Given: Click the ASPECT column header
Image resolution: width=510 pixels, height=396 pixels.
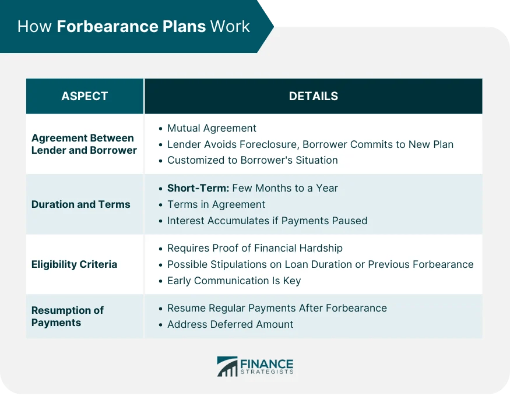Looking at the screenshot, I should pos(85,96).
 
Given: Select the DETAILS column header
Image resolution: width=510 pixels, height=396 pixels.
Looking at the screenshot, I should pos(313,96).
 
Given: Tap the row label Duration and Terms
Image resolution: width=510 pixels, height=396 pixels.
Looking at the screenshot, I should pos(81,204).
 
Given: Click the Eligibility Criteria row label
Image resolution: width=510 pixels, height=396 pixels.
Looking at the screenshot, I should pos(74,264).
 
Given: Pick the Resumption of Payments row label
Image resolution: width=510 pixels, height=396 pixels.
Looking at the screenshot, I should pos(67,316).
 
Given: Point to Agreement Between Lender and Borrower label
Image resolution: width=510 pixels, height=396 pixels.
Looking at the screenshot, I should pos(84,144).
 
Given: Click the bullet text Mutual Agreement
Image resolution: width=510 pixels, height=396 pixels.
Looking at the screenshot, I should pos(212,128).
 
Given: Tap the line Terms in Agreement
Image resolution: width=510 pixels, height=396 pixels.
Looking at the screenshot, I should pos(216,204).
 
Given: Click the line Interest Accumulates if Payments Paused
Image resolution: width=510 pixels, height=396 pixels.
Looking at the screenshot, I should pos(267,221).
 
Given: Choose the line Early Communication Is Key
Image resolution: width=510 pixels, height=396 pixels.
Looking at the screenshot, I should pos(234,281).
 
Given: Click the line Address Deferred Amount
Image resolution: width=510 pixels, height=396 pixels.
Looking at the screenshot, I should pos(230,324).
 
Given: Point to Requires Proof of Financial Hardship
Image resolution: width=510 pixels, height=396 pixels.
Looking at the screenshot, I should pos(255,248).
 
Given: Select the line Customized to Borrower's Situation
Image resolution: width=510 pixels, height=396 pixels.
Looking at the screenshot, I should pos(252,160).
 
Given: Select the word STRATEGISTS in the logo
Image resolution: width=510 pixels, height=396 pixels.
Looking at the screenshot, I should pos(266,372).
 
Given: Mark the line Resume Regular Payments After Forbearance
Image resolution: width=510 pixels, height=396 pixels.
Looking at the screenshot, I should pos(277,308).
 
